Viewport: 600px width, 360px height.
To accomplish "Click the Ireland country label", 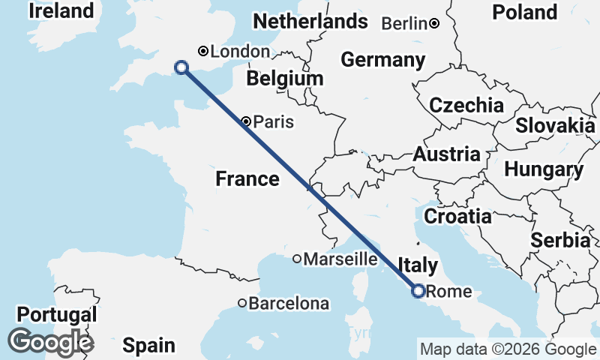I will coord(61,11).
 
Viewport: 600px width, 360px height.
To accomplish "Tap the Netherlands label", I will coord(310,21).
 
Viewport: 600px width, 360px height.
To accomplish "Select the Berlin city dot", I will coord(434,24).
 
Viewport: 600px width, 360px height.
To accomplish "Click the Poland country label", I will coord(525,12).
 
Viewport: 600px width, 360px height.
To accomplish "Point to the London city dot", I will coord(202,51).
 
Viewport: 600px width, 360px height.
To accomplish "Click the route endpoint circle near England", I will coord(181,67).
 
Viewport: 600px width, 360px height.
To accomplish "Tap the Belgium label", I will coord(285,78).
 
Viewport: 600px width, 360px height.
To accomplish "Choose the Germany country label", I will coord(382,60).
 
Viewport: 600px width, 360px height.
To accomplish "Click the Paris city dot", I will coord(245,121).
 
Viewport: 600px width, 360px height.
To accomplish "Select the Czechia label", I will coord(466,104).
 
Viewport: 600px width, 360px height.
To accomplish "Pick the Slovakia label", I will coord(555,125).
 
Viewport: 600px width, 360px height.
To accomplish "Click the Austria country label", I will coord(447,154).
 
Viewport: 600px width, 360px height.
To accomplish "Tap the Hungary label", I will coord(544,170).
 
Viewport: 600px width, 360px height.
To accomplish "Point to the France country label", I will coord(247,179).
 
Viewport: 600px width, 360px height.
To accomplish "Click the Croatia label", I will coord(457,217).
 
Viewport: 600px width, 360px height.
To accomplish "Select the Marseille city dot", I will coord(297,259).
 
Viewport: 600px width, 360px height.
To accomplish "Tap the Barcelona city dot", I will coord(242,304).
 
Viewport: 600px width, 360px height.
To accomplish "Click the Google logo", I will coord(49,342).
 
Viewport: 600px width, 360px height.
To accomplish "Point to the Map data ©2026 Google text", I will coord(508,349).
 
